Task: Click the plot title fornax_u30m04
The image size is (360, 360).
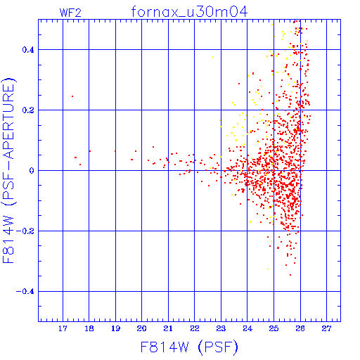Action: pos(189,12)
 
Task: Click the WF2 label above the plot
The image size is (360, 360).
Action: pos(70,13)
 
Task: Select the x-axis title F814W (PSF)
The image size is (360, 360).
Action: pos(189,347)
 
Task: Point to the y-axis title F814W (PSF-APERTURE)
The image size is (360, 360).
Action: pos(8,170)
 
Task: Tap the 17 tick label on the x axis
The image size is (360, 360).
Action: pos(63,328)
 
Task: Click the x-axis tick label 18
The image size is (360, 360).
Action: pos(89,328)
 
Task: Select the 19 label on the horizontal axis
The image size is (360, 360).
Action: pos(115,328)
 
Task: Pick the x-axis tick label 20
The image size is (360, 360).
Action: pos(142,328)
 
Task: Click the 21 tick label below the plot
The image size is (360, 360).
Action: pos(168,328)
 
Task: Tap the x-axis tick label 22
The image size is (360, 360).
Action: pos(195,328)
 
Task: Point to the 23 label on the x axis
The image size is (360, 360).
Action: pos(221,328)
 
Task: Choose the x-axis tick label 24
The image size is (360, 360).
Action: pos(247,328)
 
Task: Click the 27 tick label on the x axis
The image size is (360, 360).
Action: pos(326,328)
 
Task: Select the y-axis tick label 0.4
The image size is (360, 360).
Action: pos(28,50)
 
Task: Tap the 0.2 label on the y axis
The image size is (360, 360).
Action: pos(28,110)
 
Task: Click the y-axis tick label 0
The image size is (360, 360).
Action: pos(32,171)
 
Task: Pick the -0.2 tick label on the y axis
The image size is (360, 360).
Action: pos(25,231)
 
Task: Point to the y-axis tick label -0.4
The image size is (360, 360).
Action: pos(25,292)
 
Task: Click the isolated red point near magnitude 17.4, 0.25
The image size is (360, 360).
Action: pos(72,96)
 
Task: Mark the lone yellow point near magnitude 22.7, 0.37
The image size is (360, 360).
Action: pos(213,57)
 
